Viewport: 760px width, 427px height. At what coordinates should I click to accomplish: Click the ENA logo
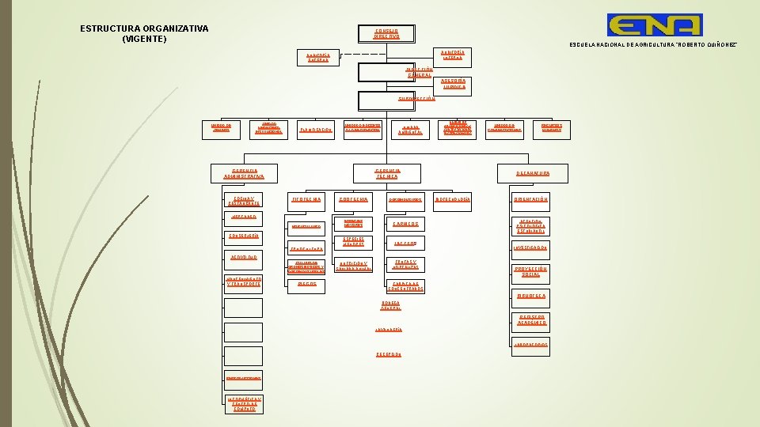click(654, 25)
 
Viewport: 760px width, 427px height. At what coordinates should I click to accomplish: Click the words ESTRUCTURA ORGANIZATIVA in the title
click(144, 28)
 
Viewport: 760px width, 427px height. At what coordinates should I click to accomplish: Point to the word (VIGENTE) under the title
click(144, 39)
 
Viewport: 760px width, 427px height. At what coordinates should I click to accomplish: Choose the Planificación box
click(314, 129)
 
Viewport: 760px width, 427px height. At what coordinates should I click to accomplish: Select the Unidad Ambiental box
click(410, 129)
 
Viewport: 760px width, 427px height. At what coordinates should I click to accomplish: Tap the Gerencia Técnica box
click(388, 173)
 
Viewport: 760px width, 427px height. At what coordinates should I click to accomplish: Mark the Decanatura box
click(533, 173)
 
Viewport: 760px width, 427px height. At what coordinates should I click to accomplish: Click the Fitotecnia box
click(306, 199)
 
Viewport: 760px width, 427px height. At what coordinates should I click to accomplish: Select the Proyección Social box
click(532, 270)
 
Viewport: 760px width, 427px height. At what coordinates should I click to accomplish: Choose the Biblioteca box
click(532, 296)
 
